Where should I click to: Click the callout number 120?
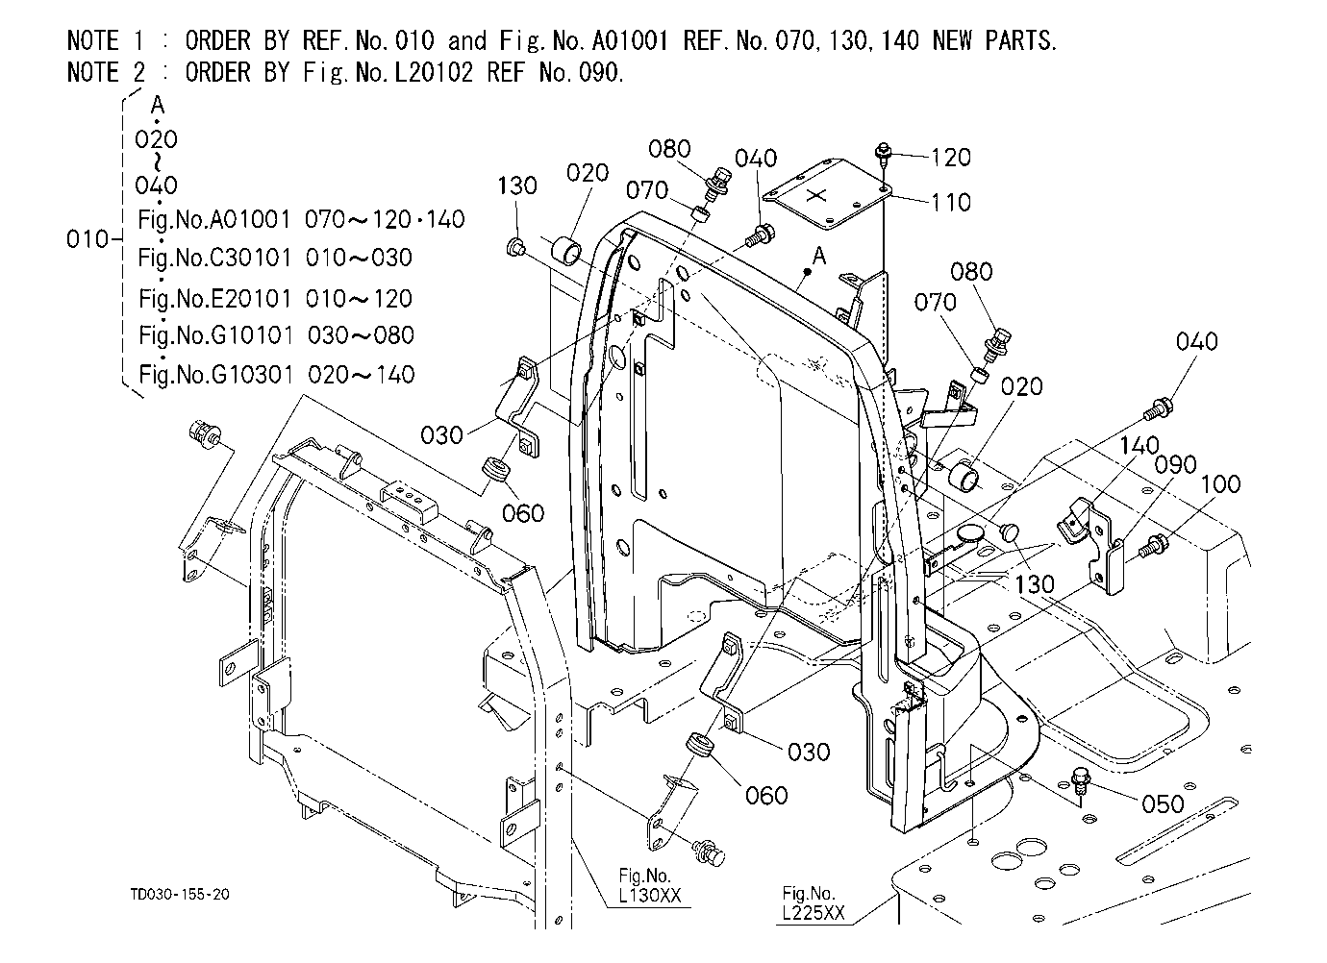click(x=951, y=158)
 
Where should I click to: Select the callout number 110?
click(x=951, y=203)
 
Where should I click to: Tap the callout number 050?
click(x=1163, y=804)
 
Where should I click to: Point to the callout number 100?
click(x=1220, y=484)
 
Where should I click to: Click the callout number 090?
click(x=1175, y=465)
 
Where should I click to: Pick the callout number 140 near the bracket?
click(x=1139, y=445)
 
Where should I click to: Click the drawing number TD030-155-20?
click(x=180, y=895)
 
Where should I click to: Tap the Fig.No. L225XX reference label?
click(x=813, y=903)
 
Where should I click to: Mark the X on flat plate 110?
click(x=817, y=195)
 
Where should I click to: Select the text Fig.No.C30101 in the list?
click(x=214, y=259)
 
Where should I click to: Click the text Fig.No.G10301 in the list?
click(x=215, y=375)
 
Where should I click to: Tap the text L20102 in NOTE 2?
click(x=434, y=72)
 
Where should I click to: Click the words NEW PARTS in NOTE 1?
click(x=994, y=41)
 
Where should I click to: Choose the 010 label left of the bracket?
click(x=88, y=239)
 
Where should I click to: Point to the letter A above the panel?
click(x=818, y=256)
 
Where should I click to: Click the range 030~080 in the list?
click(x=361, y=335)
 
